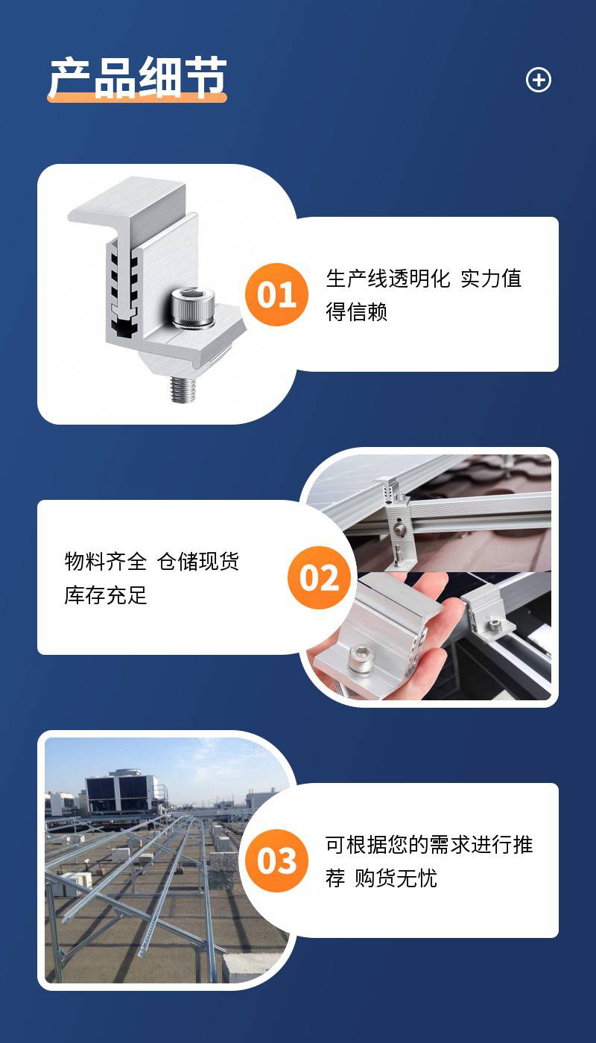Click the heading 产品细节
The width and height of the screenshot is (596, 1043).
click(x=138, y=77)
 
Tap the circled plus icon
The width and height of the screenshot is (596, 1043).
click(x=538, y=80)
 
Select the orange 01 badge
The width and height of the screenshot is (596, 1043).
click(x=276, y=294)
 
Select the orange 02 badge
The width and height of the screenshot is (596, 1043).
click(x=320, y=577)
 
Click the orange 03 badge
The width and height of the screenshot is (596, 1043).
click(x=276, y=860)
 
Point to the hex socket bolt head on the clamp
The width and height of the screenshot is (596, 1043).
click(x=192, y=308)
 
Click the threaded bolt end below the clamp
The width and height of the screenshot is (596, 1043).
click(x=183, y=389)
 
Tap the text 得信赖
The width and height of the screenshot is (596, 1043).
click(x=356, y=311)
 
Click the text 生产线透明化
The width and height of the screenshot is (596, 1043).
click(x=388, y=279)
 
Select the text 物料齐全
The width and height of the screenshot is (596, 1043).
click(x=106, y=561)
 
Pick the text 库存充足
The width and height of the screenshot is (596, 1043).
click(x=106, y=595)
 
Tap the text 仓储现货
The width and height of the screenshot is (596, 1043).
click(x=198, y=561)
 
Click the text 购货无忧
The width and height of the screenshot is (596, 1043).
click(x=396, y=878)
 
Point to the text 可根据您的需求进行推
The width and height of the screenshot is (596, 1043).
click(x=429, y=845)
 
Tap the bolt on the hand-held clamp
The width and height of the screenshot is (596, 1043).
click(x=361, y=658)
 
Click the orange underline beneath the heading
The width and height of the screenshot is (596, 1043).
click(x=137, y=98)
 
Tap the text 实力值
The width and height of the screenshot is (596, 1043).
click(x=491, y=279)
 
